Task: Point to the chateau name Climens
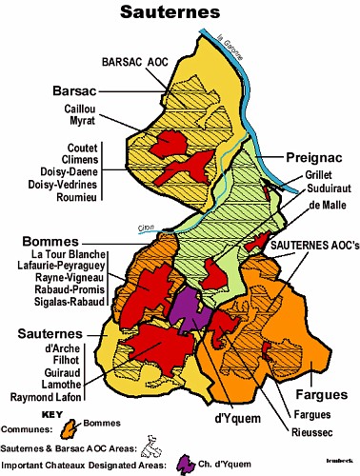click(73, 159)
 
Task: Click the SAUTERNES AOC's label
click(314, 245)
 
